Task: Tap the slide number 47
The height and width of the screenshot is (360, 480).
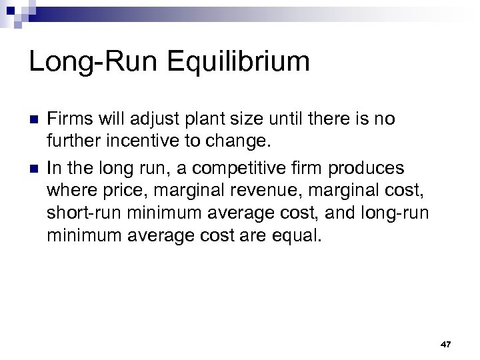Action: click(x=446, y=344)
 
